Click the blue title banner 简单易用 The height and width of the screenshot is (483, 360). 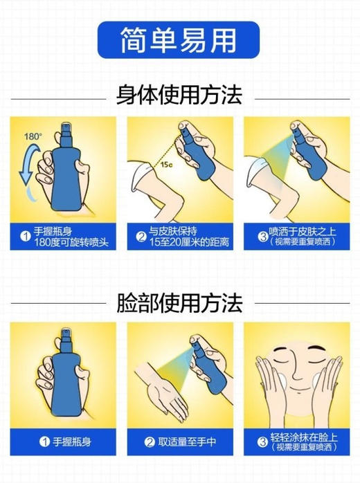click(x=179, y=37)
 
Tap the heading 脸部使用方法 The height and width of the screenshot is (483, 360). click(x=179, y=302)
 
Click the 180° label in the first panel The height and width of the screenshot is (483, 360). click(x=33, y=136)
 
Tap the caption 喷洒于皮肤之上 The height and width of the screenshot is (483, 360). click(x=303, y=233)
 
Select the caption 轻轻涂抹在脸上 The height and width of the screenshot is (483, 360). click(x=303, y=437)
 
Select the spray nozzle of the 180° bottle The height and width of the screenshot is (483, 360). click(x=67, y=127)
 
